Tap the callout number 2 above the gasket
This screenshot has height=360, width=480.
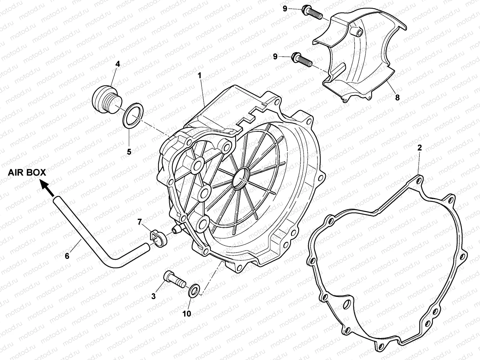[x=420, y=147]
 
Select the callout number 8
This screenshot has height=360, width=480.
[x=397, y=97]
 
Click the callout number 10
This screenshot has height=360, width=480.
[x=187, y=313]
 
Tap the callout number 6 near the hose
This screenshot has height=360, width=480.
[x=67, y=256]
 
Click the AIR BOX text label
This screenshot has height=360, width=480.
[x=27, y=172]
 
